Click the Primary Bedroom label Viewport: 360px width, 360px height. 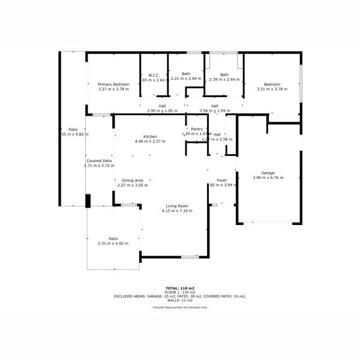pos(113,85)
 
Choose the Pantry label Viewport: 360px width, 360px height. pos(197,129)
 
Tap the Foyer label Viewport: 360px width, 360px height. pos(221,180)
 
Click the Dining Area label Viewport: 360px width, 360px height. pos(133,180)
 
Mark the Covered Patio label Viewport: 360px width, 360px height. pos(99,161)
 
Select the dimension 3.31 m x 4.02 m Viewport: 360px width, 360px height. pos(113,243)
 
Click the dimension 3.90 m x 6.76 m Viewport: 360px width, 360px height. pos(268,178)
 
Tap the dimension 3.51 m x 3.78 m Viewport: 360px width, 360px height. pos(272,89)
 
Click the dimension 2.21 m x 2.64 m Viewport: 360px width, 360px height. pos(186,79)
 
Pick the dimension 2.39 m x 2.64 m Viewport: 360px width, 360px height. pos(224,79)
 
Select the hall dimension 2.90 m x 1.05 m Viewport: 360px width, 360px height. pos(163,111)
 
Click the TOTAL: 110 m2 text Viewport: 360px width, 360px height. pos(180,288)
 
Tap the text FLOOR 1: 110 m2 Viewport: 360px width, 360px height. pos(180,292)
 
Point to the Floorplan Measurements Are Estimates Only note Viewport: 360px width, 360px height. pos(180,307)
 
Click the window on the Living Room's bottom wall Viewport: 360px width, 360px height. pos(190,257)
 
